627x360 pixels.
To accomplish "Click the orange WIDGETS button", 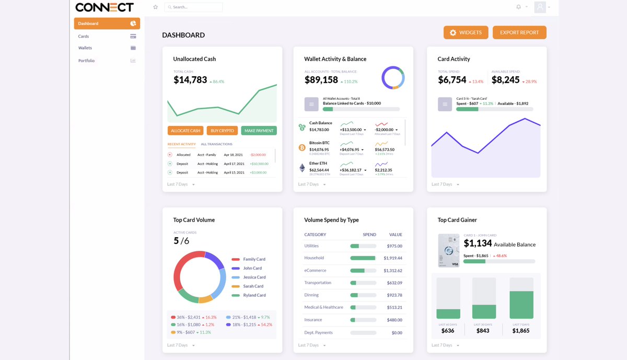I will click(466, 32).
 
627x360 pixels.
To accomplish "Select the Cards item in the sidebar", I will click(84, 37).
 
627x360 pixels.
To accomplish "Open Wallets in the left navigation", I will click(85, 48).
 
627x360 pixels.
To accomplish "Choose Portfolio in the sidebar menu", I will click(87, 61).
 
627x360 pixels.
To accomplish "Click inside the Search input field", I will click(193, 7).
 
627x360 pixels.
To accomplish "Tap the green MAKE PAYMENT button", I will click(259, 131).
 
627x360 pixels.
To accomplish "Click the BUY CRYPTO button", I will click(222, 131).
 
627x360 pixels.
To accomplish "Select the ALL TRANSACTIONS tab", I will click(216, 144).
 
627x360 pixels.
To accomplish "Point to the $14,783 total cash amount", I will click(190, 80).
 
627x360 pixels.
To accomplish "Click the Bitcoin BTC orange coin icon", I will click(302, 148).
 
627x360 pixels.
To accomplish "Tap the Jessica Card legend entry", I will click(254, 277).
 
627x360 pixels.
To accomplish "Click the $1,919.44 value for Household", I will click(393, 258).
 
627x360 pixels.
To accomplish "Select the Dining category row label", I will click(311, 295).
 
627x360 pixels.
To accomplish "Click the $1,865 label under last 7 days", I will click(520, 331).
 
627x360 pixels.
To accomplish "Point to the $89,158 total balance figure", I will click(321, 80).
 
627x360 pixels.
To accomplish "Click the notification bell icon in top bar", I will click(518, 7).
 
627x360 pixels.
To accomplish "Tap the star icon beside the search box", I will click(155, 7).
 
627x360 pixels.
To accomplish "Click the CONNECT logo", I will click(104, 7).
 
